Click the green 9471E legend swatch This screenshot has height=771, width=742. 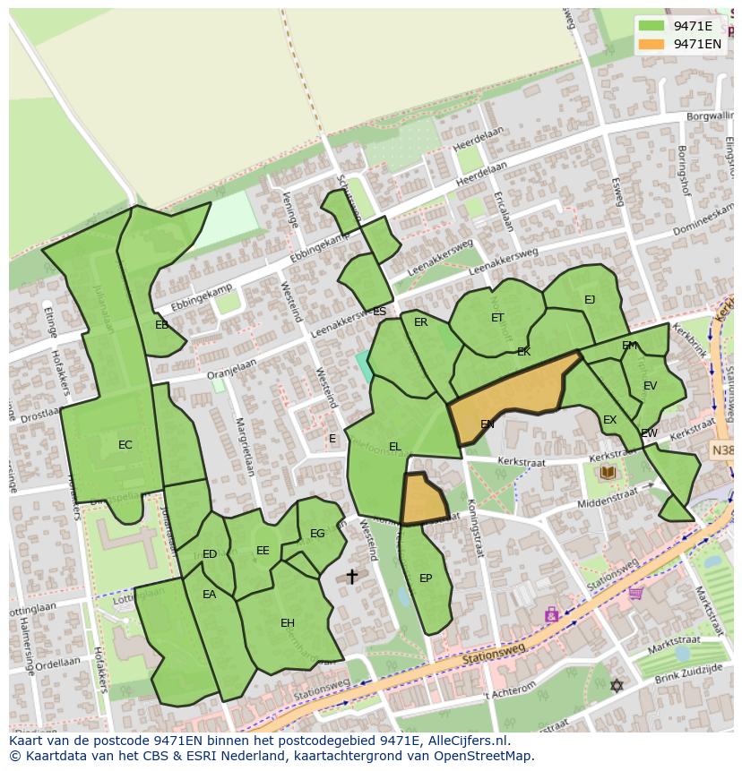[x=651, y=26]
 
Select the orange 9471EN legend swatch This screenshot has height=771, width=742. [x=651, y=44]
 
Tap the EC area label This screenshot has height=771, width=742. [x=125, y=445]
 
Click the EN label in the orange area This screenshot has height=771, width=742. [x=487, y=424]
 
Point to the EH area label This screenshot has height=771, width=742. [x=288, y=623]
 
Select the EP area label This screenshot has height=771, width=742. [x=426, y=578]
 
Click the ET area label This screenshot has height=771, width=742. [x=497, y=318]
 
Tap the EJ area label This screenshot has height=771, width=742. [x=590, y=300]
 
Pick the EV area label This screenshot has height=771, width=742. [x=650, y=386]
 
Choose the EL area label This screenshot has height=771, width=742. [x=395, y=447]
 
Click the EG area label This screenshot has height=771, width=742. [x=317, y=534]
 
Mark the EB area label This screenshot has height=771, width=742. [x=161, y=325]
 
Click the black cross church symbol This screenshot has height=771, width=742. [x=351, y=577]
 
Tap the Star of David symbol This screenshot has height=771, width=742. [x=616, y=686]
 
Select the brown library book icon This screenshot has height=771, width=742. [x=608, y=472]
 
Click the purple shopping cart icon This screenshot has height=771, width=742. [x=636, y=592]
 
